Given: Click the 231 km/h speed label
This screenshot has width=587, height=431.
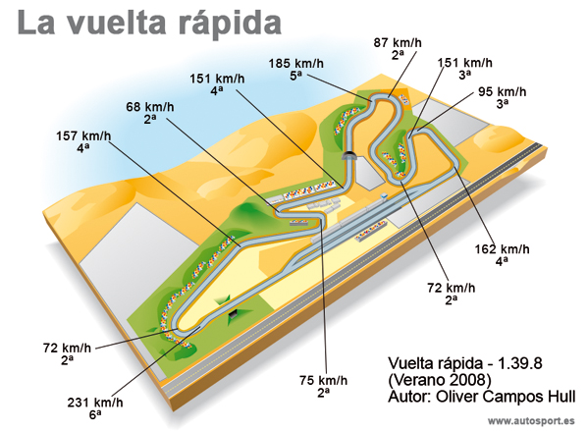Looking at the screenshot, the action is tap(95, 403).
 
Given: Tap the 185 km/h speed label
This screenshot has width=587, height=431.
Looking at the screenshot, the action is tap(295, 63).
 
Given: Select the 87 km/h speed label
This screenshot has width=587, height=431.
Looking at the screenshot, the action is tap(398, 42).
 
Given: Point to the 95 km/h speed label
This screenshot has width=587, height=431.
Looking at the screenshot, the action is tap(502, 91).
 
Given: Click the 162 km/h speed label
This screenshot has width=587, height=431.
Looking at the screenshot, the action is tap(502, 249).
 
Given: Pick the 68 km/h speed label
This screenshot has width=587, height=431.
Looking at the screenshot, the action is tap(150, 107).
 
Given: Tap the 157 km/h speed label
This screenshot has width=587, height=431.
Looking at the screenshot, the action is tap(83, 135).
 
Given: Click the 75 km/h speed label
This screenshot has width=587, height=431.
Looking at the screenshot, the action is tap(323, 381).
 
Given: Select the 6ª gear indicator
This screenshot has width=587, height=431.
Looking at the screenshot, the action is tap(95, 414).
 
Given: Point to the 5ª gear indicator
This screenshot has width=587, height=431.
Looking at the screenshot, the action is tap(295, 76).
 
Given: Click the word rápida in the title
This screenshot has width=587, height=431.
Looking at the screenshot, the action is tap(230, 24).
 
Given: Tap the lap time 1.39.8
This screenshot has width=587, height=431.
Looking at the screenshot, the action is tap(519, 363).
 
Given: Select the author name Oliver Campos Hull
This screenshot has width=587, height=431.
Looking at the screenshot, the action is tap(506, 396).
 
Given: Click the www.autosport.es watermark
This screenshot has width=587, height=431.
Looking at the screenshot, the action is tap(531, 420).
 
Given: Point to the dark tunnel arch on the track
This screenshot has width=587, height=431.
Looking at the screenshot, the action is tap(350, 156).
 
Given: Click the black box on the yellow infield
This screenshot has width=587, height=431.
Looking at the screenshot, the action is tap(234, 314).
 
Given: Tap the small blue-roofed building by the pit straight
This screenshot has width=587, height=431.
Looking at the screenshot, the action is tap(384, 195).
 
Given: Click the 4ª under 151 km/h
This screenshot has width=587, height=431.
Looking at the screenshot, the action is tap(216, 90).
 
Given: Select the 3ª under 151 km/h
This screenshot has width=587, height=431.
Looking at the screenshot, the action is tap(464, 75).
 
